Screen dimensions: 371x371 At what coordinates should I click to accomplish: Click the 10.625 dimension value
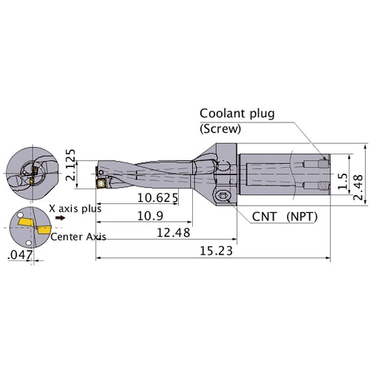click(157, 198)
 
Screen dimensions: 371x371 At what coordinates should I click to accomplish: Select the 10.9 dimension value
click(150, 216)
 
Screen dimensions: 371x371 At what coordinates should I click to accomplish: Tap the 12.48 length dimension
click(174, 233)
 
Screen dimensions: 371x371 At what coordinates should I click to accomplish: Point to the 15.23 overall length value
click(216, 251)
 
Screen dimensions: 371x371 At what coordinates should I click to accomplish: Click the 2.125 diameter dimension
click(70, 165)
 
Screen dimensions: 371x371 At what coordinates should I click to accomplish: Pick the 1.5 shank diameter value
click(343, 181)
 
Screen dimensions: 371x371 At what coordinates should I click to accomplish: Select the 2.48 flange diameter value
click(358, 187)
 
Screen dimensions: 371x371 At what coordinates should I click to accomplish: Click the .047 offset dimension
click(20, 255)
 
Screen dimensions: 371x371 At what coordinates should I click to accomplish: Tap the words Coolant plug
click(237, 114)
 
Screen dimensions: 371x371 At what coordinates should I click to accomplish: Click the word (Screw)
click(220, 128)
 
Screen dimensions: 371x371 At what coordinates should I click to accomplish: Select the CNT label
click(264, 217)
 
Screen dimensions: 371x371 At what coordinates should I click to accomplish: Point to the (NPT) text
click(302, 217)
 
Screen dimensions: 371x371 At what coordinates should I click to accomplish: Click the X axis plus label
click(75, 209)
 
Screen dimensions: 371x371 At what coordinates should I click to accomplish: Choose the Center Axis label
click(79, 237)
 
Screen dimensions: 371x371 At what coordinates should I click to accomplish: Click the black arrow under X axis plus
click(60, 218)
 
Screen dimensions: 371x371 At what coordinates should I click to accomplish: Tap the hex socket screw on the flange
click(222, 196)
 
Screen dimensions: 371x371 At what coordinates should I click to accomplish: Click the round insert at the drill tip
click(102, 184)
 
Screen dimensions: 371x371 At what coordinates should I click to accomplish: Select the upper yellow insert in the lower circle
click(26, 222)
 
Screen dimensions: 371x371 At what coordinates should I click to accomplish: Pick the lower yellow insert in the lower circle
click(44, 230)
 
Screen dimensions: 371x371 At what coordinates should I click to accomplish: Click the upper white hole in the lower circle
click(20, 214)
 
